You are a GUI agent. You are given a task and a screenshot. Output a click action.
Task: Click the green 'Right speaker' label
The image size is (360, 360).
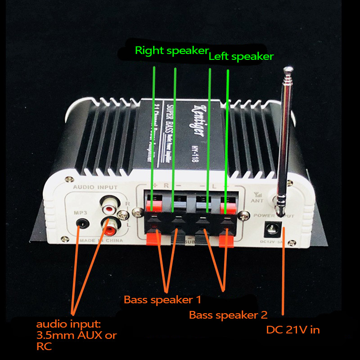[171, 50]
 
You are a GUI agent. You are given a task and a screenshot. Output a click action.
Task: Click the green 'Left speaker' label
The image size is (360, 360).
[241, 57]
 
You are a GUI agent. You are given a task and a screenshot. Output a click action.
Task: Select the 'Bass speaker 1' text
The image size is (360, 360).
[162, 299]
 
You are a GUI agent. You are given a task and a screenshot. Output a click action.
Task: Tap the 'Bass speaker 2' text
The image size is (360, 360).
[228, 315]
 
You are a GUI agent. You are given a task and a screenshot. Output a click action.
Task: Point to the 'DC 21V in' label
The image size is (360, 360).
[293, 330]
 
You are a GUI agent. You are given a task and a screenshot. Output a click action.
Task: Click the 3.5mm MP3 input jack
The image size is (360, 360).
[82, 222]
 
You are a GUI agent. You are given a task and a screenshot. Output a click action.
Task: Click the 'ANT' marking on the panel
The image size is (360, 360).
[257, 201]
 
